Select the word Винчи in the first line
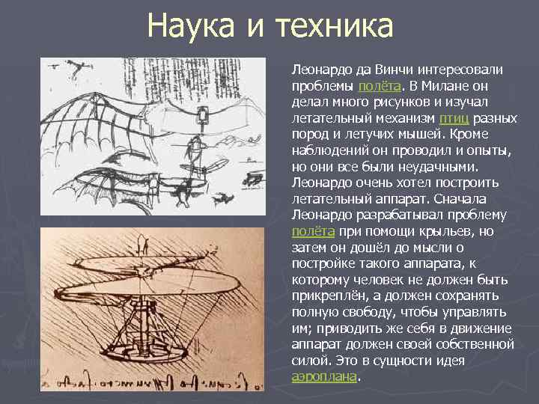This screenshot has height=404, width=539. [390, 70]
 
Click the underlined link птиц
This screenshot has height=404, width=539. [454, 118]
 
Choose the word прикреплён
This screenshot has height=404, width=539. [326, 296]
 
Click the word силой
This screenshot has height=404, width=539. [310, 361]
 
